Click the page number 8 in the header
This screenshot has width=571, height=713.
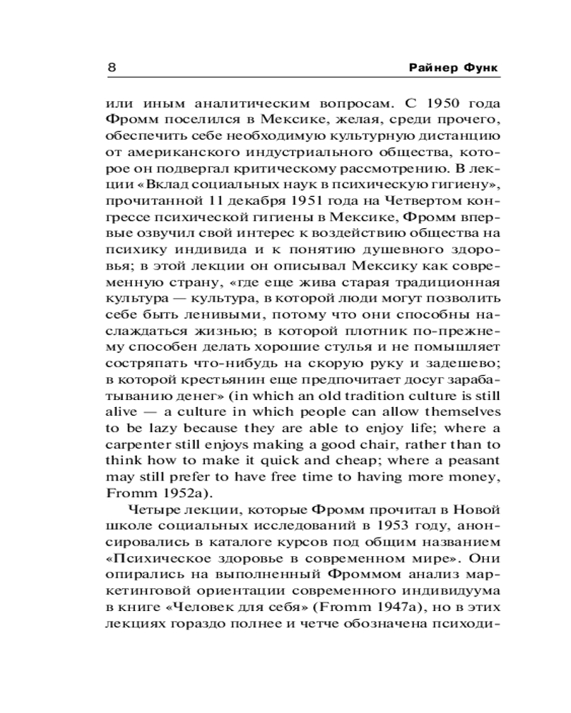point(112,68)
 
